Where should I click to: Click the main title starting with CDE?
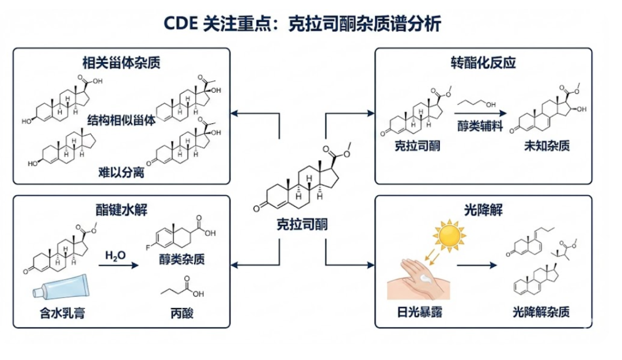coord(311,23)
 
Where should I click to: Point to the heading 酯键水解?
coord(121,209)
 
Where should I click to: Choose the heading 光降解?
coord(483,209)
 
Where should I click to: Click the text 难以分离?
coord(120,172)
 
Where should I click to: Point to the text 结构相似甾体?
coord(122,120)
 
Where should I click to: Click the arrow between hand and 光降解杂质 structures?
coord(477,266)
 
